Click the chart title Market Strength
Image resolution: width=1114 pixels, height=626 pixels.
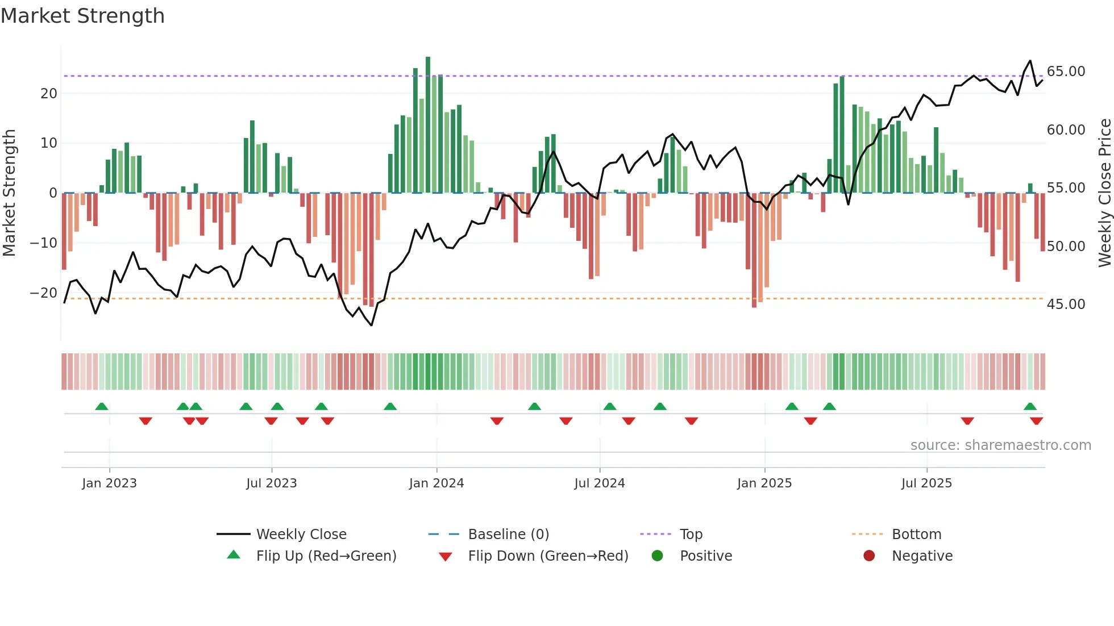coord(82,16)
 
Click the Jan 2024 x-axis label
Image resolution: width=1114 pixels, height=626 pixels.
coord(436,483)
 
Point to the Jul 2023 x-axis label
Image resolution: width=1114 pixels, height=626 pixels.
coord(271,483)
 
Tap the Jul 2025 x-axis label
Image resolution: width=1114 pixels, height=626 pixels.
coord(926,483)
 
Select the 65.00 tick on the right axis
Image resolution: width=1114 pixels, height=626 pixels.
coord(1066,72)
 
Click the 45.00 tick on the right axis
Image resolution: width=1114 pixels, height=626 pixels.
coord(1066,304)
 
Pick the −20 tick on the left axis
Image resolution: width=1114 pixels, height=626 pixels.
coord(43,293)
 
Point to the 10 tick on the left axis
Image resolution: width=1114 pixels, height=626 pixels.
coord(49,143)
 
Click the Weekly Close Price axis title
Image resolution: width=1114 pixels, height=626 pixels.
coord(1104,193)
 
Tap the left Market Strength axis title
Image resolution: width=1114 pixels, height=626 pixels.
coord(9,193)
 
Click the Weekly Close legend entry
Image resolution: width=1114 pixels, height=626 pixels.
coord(301,535)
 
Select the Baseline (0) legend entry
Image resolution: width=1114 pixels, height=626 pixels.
coord(508,535)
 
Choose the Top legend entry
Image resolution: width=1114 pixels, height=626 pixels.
coord(691,535)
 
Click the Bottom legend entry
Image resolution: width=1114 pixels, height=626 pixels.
coord(916,535)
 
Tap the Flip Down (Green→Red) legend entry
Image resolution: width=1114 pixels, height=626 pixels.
coord(547,556)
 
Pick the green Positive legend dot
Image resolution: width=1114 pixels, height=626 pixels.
coord(657,556)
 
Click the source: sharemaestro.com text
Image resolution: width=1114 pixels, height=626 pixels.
coord(1000,445)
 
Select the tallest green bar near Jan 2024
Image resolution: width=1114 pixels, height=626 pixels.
coord(428,125)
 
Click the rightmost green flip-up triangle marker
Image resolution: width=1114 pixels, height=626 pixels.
coord(1030,407)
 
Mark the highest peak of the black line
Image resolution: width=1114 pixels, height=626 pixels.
coord(1030,61)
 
